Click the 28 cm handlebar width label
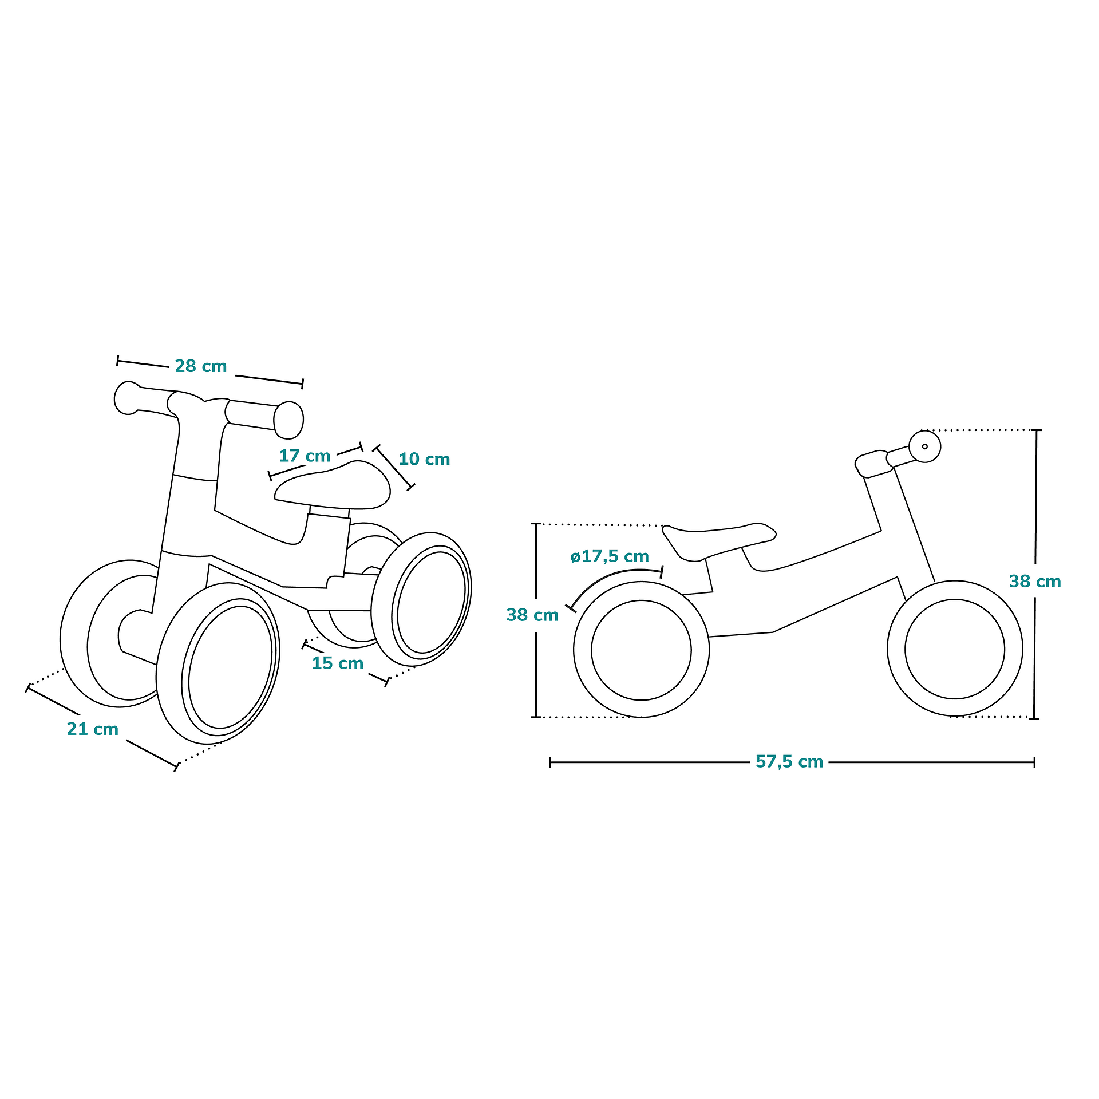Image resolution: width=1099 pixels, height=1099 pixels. tap(201, 366)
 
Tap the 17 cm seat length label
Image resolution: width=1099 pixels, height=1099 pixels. tap(305, 456)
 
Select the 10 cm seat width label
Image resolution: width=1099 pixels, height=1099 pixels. tap(424, 459)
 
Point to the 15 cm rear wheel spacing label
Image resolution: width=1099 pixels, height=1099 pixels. tap(338, 663)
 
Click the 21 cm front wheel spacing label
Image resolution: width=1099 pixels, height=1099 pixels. tap(93, 729)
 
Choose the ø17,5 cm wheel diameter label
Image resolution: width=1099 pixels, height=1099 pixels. tap(610, 556)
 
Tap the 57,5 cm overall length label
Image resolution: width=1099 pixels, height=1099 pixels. tap(789, 762)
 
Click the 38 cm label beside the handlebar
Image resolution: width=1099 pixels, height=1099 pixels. tap(1035, 582)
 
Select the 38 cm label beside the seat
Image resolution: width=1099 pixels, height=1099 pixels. tap(532, 615)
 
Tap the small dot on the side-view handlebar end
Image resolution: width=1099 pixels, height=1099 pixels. tap(925, 446)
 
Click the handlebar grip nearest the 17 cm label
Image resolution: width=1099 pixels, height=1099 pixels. tap(288, 420)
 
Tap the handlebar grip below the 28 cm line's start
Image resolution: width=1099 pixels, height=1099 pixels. tap(127, 398)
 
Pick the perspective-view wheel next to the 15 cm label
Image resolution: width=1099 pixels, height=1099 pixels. tap(421, 599)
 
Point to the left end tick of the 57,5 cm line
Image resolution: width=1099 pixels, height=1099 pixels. tap(551, 762)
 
